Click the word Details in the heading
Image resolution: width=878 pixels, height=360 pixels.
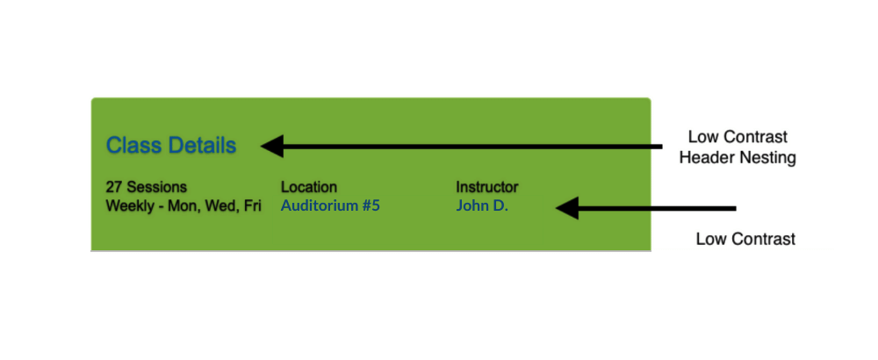coord(203,145)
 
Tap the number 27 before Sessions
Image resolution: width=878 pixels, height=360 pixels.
coord(114,187)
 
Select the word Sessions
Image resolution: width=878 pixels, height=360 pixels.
coord(156,187)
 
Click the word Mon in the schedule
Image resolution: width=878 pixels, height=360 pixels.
coord(184,206)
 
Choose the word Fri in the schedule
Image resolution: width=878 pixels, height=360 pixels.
coord(251,206)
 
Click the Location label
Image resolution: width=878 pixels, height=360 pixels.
coord(308,187)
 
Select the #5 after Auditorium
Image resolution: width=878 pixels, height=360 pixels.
coord(371,206)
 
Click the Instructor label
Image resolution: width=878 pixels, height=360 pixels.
coord(486,187)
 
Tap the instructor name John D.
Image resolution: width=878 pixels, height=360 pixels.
coord(482,206)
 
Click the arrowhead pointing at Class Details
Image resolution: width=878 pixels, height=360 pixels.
coord(272,146)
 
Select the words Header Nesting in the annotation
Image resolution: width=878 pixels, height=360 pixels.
coord(738,158)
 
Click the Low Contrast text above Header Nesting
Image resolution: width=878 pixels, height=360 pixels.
coord(738,138)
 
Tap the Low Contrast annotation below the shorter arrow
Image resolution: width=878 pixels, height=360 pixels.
coord(745,239)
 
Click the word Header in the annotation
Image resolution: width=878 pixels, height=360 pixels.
coord(705,158)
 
